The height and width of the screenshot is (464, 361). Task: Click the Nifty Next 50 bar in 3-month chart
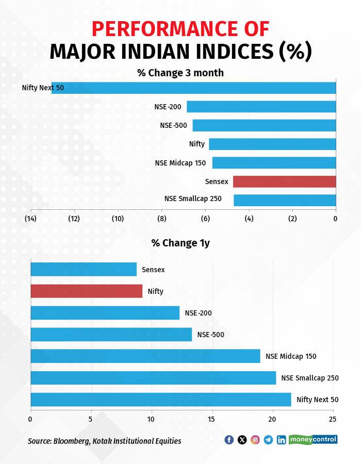(x=193, y=88)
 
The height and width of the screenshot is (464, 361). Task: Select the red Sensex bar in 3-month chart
(x=284, y=181)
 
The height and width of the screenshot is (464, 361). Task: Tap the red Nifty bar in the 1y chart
(x=86, y=291)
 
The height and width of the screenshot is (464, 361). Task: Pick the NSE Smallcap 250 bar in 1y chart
(x=153, y=378)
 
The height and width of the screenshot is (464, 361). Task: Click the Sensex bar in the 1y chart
(x=84, y=269)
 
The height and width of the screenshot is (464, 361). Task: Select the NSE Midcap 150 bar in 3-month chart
(x=274, y=163)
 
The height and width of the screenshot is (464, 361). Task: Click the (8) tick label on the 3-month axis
(x=162, y=219)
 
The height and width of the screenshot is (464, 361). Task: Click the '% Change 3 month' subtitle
(x=180, y=73)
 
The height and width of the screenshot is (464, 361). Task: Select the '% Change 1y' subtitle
(x=180, y=243)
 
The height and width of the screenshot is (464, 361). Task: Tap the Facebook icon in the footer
(x=229, y=440)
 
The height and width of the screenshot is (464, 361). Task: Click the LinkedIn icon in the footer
(x=281, y=440)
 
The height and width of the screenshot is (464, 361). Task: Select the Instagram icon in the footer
(x=255, y=440)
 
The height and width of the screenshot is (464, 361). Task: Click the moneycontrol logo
(x=313, y=439)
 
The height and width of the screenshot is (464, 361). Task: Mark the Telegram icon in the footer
(x=268, y=440)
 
